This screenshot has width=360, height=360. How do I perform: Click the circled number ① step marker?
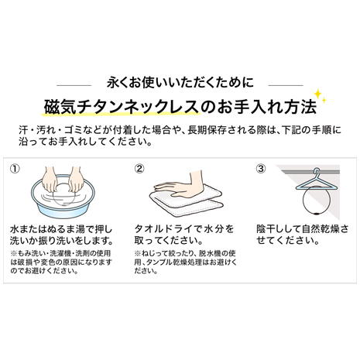pyautogui.click(x=15, y=169)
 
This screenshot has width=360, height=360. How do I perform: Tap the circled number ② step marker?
pyautogui.click(x=139, y=169)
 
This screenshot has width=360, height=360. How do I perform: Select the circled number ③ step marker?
pyautogui.click(x=261, y=169)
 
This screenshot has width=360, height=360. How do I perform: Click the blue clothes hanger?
pyautogui.click(x=317, y=180)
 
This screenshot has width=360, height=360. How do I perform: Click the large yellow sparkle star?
pyautogui.click(x=317, y=94)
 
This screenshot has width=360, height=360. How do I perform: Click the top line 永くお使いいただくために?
pyautogui.click(x=180, y=83)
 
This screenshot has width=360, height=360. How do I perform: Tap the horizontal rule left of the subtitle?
pyautogui.click(x=74, y=85)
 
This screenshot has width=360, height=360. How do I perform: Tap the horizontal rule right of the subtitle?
pyautogui.click(x=286, y=85)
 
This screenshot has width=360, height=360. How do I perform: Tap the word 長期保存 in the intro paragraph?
pyautogui.click(x=207, y=129)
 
